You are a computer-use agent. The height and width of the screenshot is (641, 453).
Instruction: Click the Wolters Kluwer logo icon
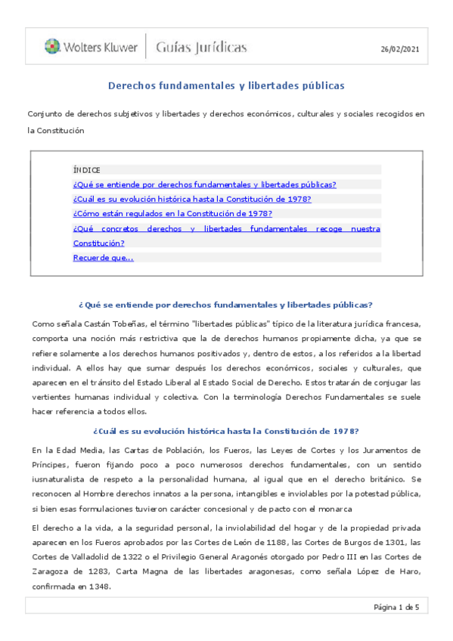pyautogui.click(x=52, y=47)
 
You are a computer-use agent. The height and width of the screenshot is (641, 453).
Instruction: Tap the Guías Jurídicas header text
pyautogui.click(x=201, y=48)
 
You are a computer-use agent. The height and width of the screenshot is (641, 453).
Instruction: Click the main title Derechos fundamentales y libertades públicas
pyautogui.click(x=226, y=85)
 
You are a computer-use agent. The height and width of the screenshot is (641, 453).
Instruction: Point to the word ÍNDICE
pyautogui.click(x=87, y=170)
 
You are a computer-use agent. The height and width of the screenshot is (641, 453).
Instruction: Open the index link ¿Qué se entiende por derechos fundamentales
pyautogui.click(x=204, y=184)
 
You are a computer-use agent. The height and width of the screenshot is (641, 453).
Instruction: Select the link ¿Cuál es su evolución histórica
pyautogui.click(x=192, y=199)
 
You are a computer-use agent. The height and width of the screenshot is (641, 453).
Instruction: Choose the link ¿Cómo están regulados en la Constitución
pyautogui.click(x=172, y=214)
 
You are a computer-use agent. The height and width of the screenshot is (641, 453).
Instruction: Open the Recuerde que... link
pyautogui.click(x=103, y=258)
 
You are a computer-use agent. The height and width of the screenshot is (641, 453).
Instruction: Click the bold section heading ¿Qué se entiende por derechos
pyautogui.click(x=226, y=305)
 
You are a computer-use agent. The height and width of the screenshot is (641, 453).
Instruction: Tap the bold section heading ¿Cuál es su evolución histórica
pyautogui.click(x=226, y=432)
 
